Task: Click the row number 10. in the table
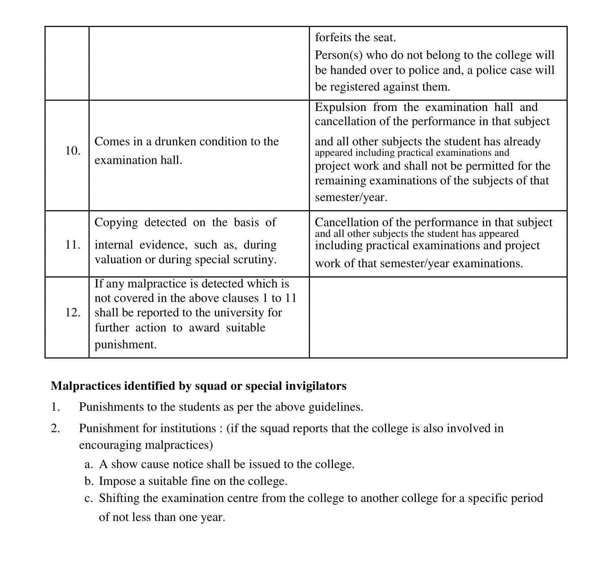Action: (x=73, y=151)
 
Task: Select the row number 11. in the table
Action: (x=73, y=245)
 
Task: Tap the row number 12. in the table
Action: (x=73, y=313)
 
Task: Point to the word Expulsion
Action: (x=341, y=107)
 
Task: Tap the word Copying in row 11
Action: (x=116, y=222)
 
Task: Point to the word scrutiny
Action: (x=255, y=260)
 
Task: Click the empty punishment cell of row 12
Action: (x=438, y=317)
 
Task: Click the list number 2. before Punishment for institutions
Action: (x=56, y=429)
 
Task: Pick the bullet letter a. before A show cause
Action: (x=89, y=465)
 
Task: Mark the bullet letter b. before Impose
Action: (x=89, y=481)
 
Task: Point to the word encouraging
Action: (x=110, y=445)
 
